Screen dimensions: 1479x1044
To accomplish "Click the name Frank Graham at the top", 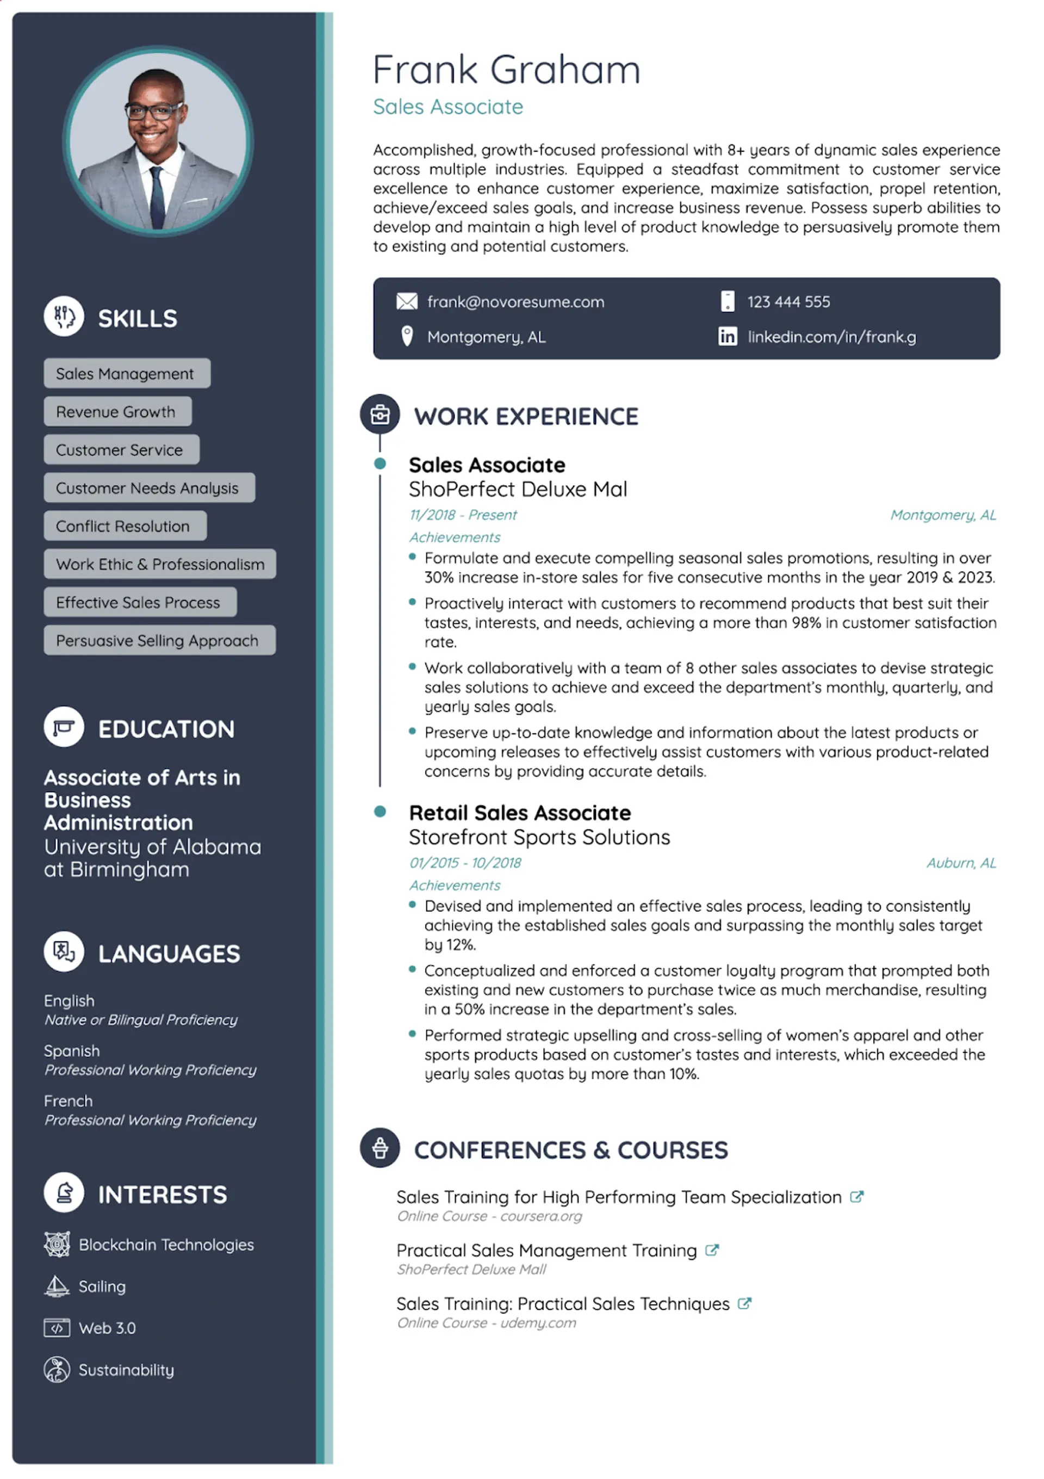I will (x=506, y=70).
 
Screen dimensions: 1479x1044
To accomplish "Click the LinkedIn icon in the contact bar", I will (x=727, y=336).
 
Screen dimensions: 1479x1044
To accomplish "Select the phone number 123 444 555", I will (x=788, y=301).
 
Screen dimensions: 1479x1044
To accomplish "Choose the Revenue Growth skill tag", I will (x=117, y=412).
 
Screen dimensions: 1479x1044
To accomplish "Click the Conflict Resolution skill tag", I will (x=125, y=527).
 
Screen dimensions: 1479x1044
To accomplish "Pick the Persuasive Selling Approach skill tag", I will (x=159, y=640).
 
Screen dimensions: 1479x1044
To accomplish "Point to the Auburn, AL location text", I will (x=960, y=863).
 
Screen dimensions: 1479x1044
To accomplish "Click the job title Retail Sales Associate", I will (x=519, y=813).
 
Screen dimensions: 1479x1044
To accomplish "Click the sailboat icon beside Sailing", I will (x=57, y=1286).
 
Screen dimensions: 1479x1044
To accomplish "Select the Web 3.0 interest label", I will (x=107, y=1328).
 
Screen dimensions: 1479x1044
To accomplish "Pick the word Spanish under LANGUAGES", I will (x=71, y=1050).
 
